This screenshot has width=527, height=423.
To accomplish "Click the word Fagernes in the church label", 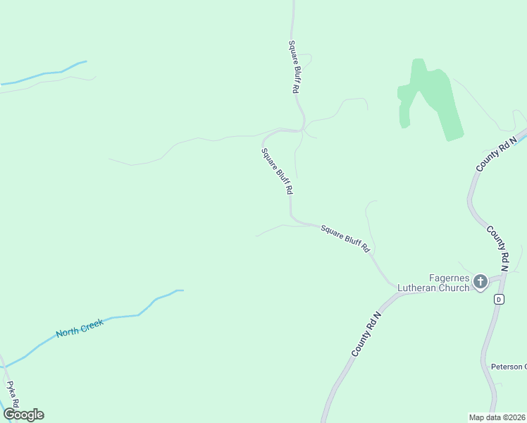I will pos(449,277).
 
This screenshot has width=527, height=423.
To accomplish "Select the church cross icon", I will pos(480,282).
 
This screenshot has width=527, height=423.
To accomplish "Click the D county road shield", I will pos(499,300).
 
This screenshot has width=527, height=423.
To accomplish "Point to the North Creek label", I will pos(80,328).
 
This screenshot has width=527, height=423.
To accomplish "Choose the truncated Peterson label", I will pos(508,367).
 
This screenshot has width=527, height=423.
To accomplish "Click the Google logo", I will pos(23,415).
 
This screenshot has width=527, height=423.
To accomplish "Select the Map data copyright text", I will pos(497,417).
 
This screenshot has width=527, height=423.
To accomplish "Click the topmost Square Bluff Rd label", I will pos(294,68).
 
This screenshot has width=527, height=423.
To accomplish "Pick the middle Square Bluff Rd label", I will pos(276,171).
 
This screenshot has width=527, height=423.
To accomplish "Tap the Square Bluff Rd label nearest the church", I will pos(345,238).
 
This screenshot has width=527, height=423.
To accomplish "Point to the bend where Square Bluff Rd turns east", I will pos(293,219).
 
